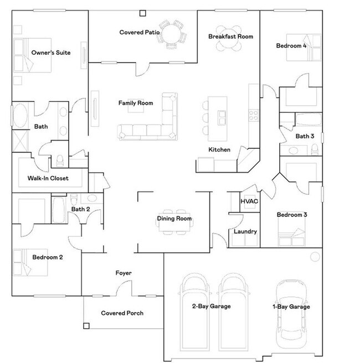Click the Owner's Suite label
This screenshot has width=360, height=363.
51,53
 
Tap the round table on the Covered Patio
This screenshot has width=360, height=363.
172,34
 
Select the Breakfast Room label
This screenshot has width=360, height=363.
231,37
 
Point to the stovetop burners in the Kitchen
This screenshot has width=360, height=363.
253,115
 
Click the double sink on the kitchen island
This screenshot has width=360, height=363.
222,118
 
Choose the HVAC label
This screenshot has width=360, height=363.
249,201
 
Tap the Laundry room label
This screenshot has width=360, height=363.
245,231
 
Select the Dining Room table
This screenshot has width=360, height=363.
174,222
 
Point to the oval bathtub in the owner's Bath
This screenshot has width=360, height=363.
20,115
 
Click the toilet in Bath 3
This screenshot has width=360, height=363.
315,149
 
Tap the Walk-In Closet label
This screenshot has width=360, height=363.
48,178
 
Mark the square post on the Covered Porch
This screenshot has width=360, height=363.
86,326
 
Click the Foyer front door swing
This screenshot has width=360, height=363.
124,288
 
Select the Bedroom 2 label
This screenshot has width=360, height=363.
48,257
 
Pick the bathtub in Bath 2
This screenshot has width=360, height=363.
58,210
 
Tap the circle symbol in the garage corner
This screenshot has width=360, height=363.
315,257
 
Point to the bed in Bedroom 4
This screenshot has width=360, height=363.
304,48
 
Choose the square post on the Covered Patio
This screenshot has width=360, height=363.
143,13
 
